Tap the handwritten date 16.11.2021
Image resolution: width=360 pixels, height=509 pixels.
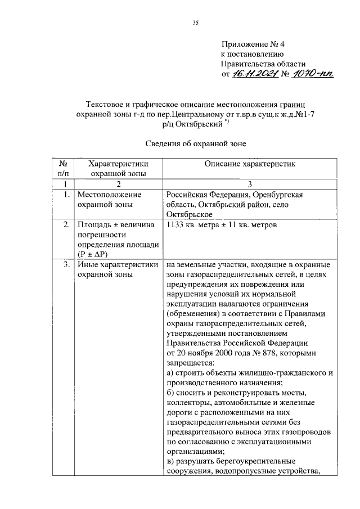click(x=255, y=73)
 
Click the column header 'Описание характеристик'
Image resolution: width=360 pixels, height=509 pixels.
click(x=249, y=164)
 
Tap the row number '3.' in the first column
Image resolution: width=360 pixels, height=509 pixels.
click(x=66, y=265)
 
